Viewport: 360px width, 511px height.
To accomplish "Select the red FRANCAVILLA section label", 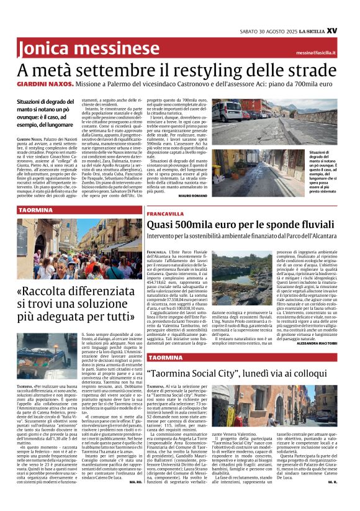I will (x=164, y=214).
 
